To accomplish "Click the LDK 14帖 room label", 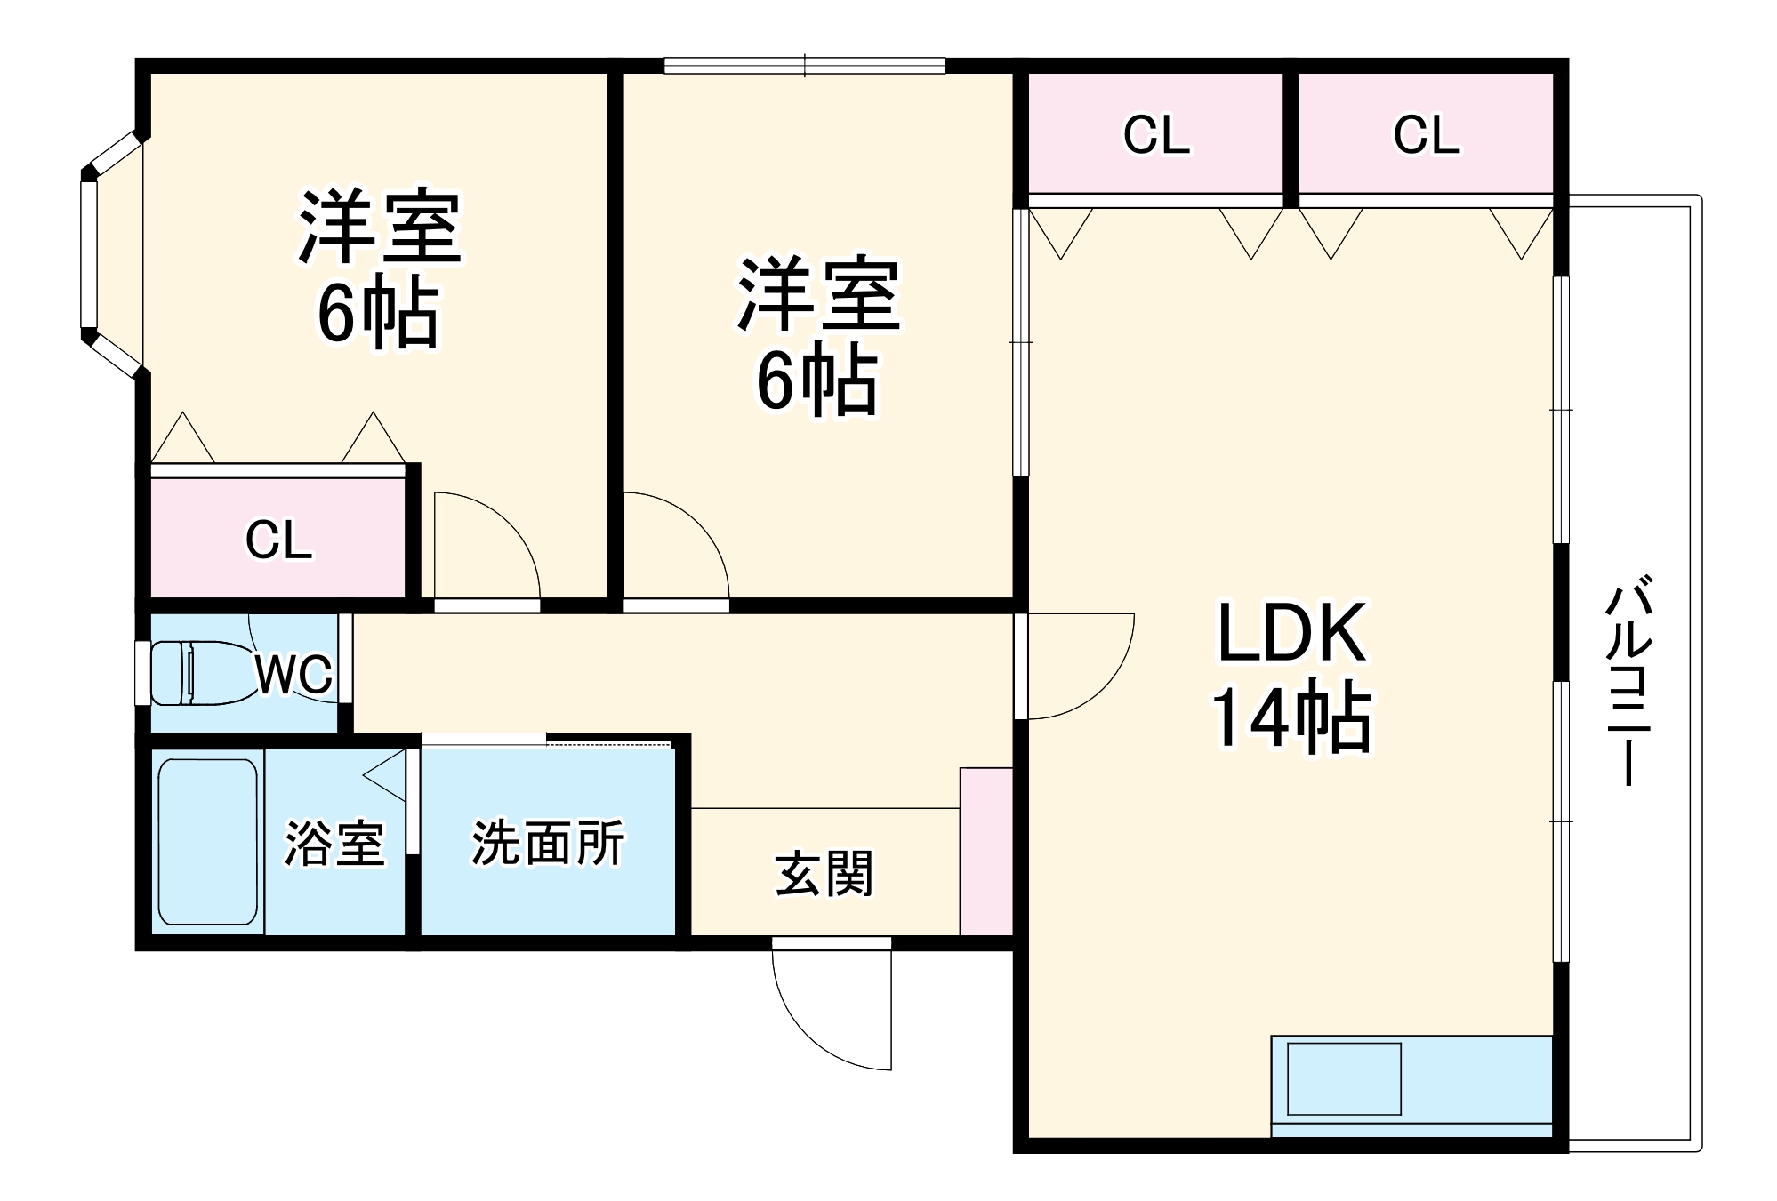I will [x=1291, y=676].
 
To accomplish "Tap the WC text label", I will [x=293, y=675].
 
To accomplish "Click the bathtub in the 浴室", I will [x=208, y=842].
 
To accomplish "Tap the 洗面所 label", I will [x=548, y=842].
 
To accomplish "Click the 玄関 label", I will [x=824, y=873].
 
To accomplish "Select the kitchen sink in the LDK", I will [x=1344, y=1078].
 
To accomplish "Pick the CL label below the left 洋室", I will [x=278, y=540].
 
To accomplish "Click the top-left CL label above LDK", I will [x=1156, y=135].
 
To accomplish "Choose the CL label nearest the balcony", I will [x=1426, y=135].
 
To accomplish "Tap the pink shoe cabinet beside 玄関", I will [x=986, y=851].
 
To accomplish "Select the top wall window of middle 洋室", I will [x=804, y=65].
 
